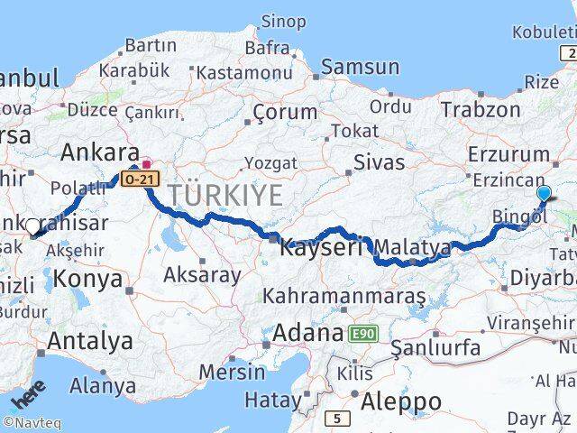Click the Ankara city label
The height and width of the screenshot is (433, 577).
(x=99, y=152)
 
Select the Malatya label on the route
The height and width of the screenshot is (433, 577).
(x=412, y=246)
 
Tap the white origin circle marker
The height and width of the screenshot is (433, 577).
(x=32, y=226)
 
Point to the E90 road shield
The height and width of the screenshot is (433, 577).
(x=362, y=334)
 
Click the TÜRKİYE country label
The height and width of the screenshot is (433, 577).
(x=225, y=194)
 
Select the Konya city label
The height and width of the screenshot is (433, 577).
(x=87, y=279)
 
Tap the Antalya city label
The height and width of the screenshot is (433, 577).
(x=89, y=342)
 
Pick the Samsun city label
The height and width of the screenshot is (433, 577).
(x=361, y=66)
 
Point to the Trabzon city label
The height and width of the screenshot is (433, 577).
(x=481, y=110)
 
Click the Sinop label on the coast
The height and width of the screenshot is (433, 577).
(x=283, y=21)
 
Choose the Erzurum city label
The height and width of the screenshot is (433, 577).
(x=508, y=154)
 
